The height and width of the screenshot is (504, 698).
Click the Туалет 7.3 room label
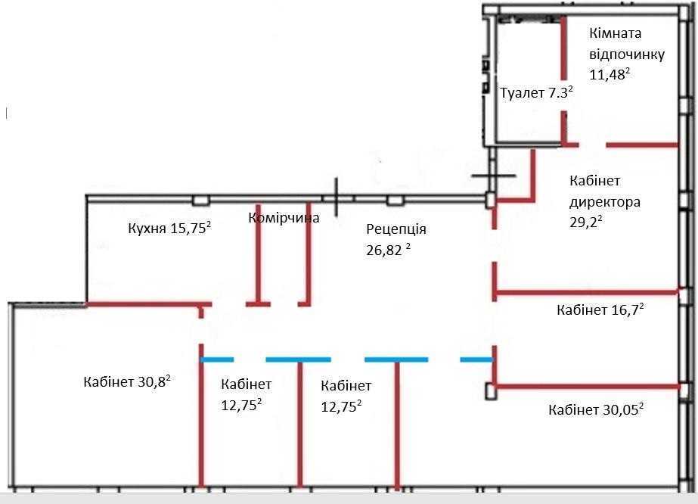(536, 93)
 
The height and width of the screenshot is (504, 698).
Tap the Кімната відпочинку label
(627, 44)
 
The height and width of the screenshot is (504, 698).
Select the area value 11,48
(610, 74)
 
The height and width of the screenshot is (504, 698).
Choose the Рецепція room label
(396, 229)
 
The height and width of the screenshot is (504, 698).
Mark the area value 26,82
(388, 249)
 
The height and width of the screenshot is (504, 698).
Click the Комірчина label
(284, 218)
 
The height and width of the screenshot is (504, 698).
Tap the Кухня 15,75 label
(168, 230)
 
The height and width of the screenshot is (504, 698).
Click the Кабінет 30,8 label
(126, 381)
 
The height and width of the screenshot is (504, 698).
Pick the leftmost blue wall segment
(217, 359)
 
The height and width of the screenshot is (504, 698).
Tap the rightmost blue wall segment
(476, 359)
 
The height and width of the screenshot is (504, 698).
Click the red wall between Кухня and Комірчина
(259, 254)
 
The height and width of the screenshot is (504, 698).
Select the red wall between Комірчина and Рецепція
(309, 254)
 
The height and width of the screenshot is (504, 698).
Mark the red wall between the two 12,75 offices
(300, 424)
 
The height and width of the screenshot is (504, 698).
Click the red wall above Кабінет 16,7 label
(586, 292)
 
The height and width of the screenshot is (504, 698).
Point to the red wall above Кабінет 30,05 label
(586, 387)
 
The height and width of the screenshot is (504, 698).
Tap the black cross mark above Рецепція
(337, 196)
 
